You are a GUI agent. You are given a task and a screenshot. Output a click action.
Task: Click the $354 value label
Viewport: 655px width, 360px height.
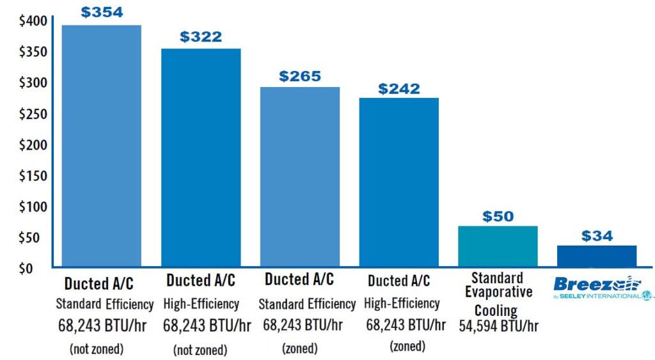click(x=102, y=13)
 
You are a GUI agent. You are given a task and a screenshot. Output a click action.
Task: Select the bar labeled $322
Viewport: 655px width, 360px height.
click(x=201, y=157)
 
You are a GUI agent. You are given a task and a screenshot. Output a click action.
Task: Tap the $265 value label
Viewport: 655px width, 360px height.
click(x=299, y=76)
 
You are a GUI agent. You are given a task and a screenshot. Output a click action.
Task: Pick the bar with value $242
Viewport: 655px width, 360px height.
click(x=399, y=182)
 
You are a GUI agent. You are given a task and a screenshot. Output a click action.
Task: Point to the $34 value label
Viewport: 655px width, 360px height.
click(x=597, y=236)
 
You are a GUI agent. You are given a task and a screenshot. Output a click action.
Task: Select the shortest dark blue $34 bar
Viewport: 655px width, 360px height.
click(x=597, y=256)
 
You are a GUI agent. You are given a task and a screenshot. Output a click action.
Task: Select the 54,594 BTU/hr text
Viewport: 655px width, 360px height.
click(x=498, y=325)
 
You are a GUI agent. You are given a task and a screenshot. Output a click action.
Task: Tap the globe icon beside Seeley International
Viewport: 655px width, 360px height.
click(x=649, y=296)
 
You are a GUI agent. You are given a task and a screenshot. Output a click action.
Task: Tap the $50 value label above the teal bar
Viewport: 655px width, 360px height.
click(x=498, y=216)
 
